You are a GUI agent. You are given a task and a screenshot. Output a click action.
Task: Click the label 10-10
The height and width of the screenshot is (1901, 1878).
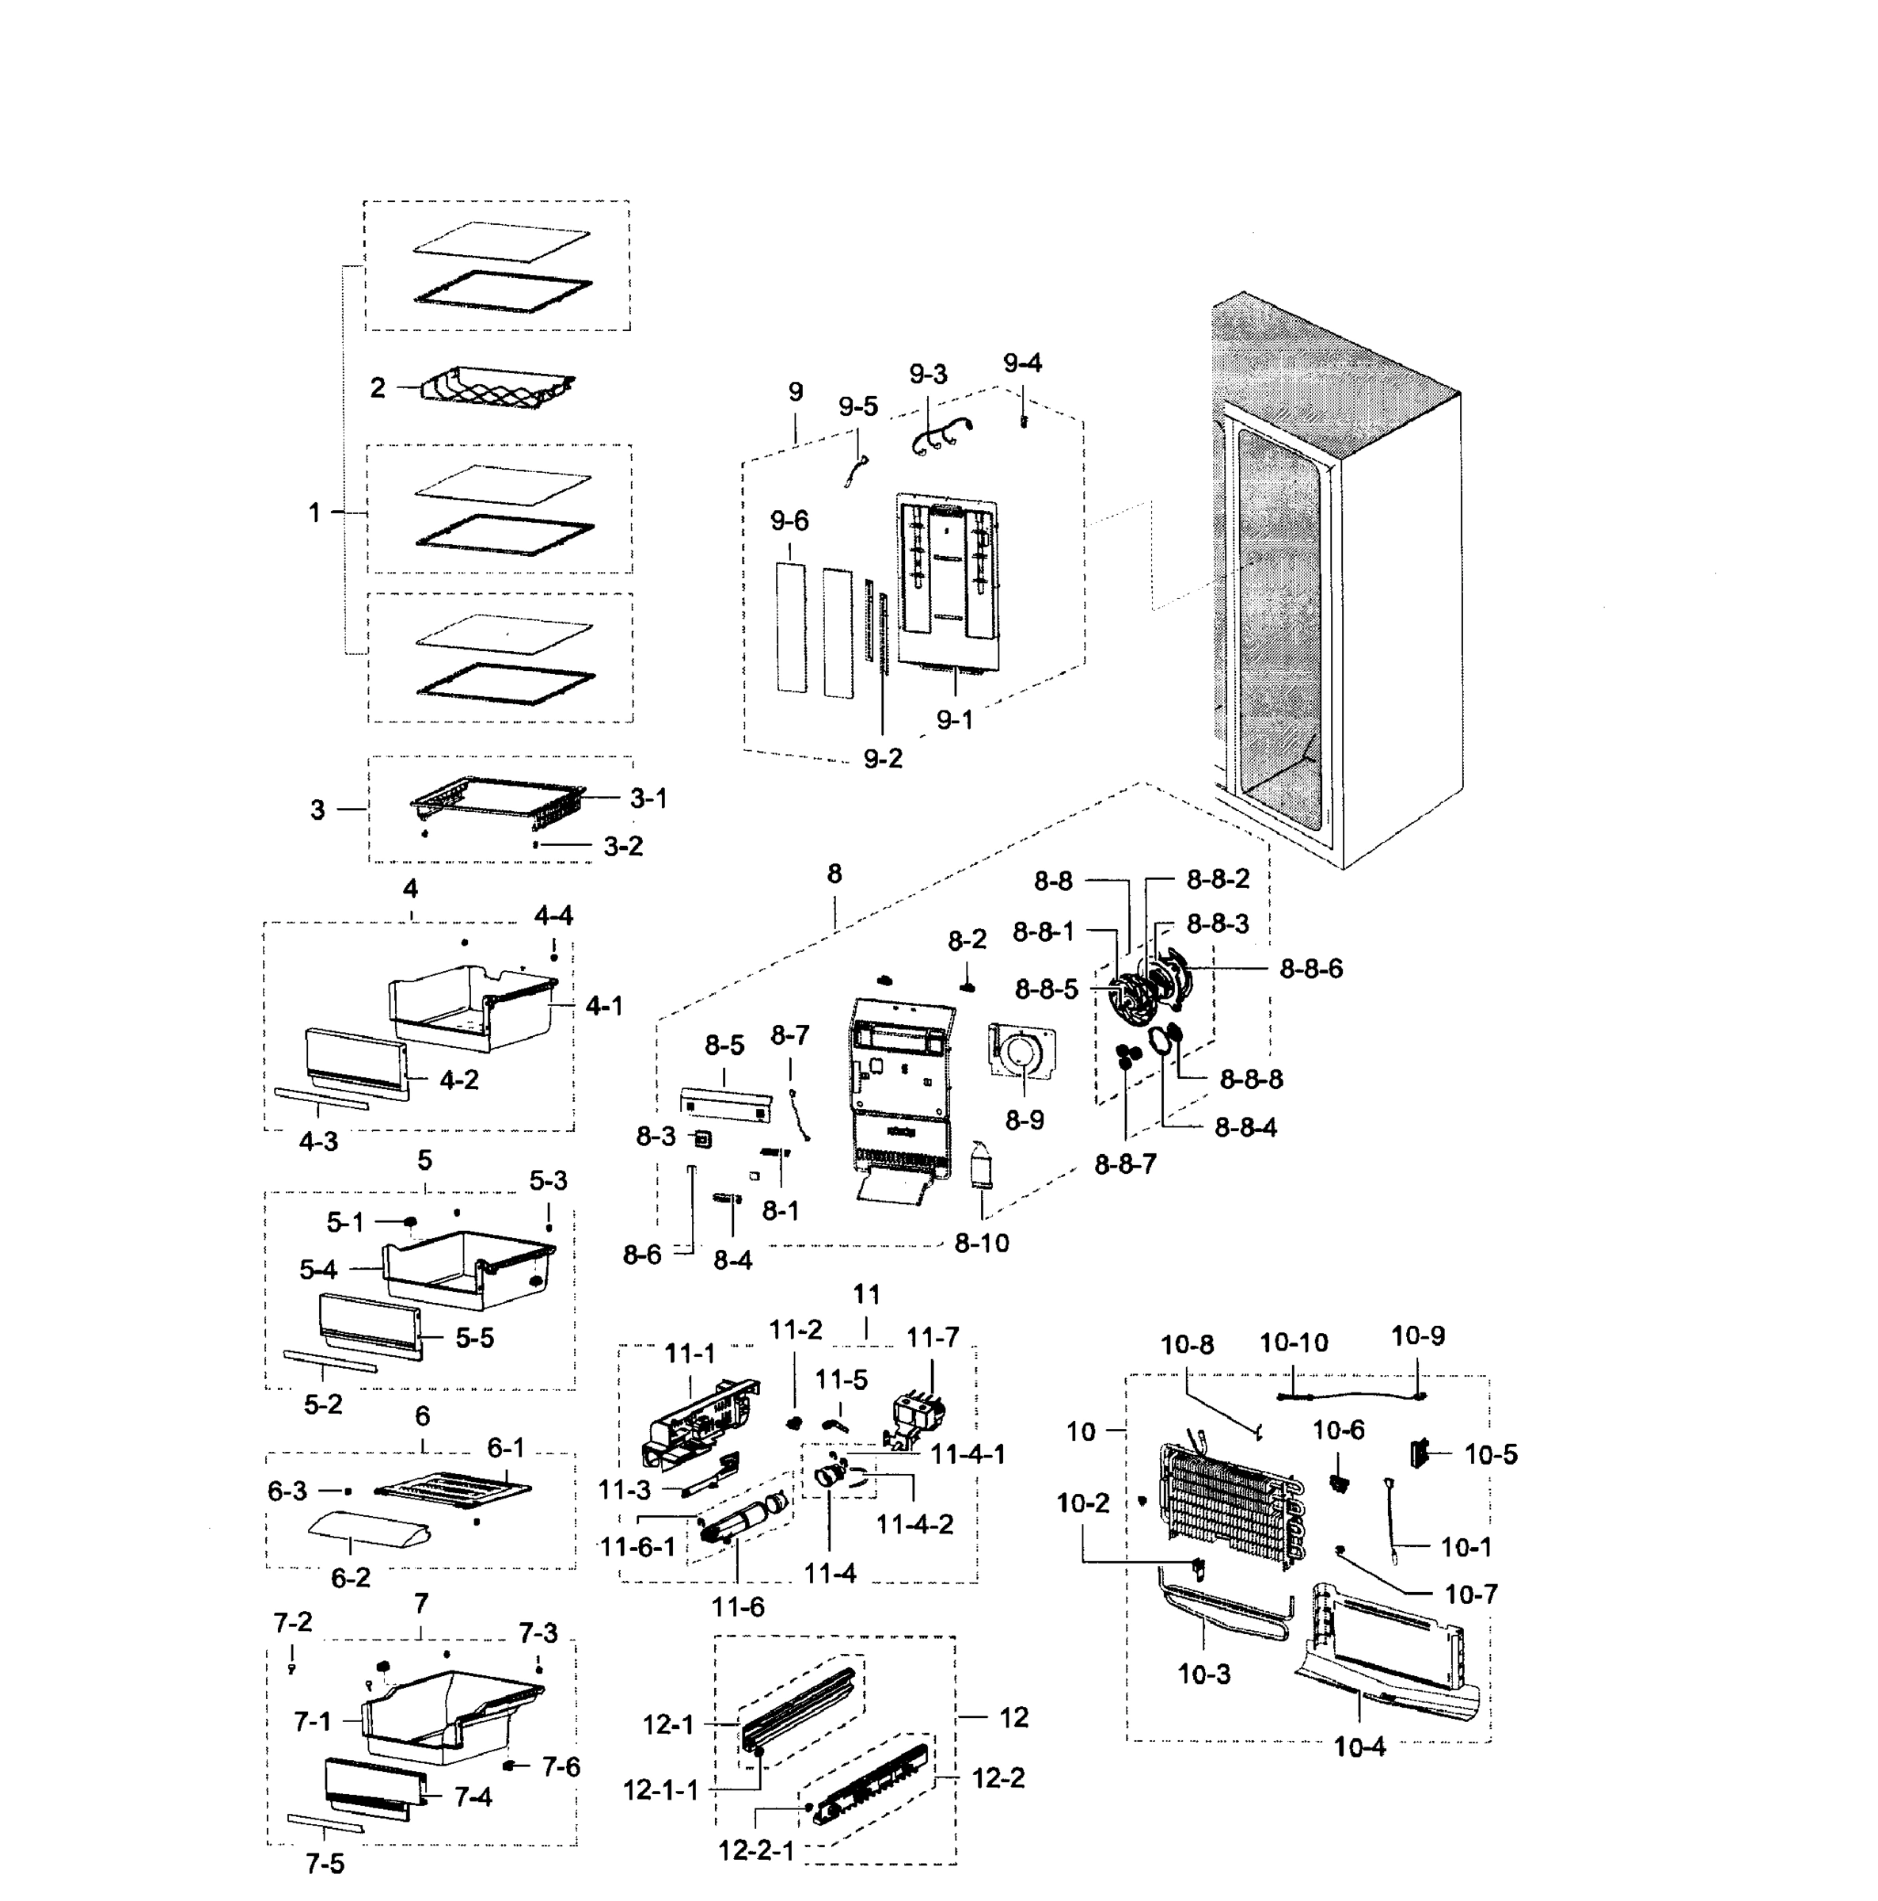[x=1293, y=1342]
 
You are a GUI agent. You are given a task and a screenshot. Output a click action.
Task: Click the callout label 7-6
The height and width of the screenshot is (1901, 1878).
[x=560, y=1766]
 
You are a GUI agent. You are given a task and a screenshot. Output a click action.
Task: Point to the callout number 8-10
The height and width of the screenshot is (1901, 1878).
[x=981, y=1243]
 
